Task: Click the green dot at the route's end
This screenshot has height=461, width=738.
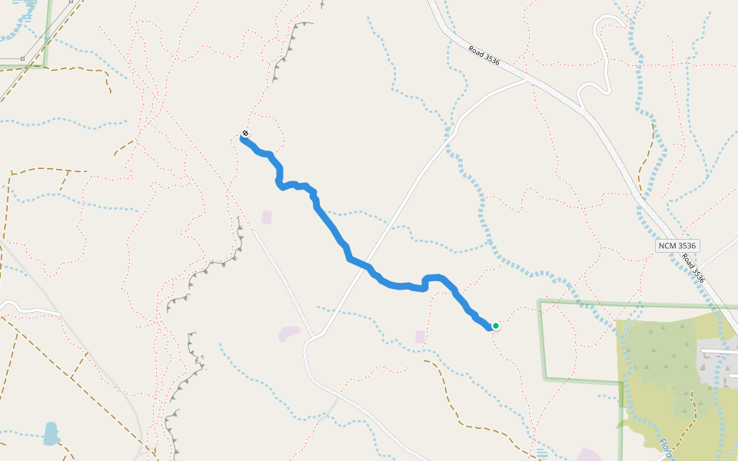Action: [496, 326]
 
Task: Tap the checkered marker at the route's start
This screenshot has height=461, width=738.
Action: [244, 134]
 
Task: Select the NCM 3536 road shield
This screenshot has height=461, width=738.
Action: [676, 246]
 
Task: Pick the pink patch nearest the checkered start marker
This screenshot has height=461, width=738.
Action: [267, 217]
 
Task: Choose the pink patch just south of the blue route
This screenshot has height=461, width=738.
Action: [420, 337]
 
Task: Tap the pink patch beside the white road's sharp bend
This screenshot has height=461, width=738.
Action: [289, 333]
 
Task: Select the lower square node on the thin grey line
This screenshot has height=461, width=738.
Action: [22, 58]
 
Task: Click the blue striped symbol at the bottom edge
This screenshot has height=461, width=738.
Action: [543, 453]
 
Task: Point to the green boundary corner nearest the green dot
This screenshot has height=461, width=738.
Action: [540, 302]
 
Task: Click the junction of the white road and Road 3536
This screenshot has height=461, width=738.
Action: [530, 78]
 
